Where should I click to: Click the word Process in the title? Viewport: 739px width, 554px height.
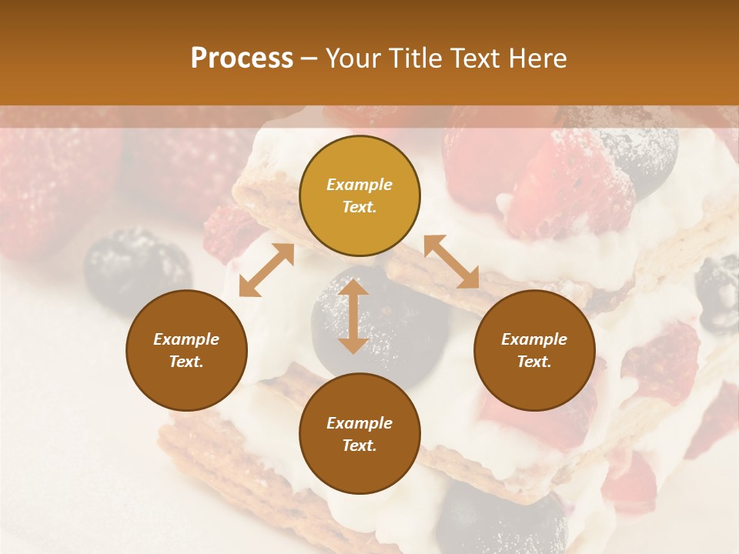(242, 58)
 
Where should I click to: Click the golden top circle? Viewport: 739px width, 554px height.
(359, 196)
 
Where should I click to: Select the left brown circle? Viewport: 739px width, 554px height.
(186, 351)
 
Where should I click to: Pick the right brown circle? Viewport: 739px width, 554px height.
(534, 351)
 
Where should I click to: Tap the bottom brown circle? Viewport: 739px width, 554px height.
(359, 434)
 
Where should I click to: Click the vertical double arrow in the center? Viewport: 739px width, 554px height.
(353, 316)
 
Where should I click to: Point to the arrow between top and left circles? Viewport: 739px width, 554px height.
(266, 270)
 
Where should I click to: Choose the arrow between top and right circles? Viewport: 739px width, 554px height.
(452, 262)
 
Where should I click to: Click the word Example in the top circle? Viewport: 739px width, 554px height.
(359, 185)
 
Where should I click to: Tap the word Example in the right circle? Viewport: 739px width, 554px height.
(534, 339)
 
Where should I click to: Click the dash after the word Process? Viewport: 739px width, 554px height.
(309, 58)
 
